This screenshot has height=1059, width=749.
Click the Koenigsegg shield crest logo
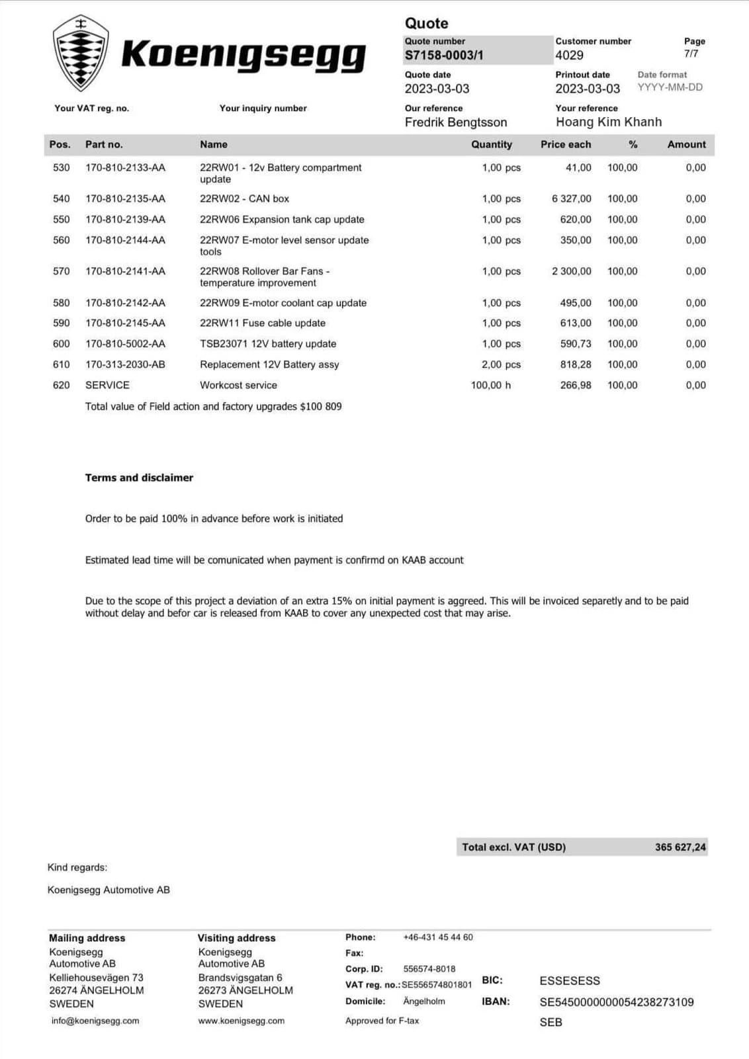(x=80, y=53)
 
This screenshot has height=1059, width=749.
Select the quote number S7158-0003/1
(x=444, y=56)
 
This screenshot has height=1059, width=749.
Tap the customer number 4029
(x=569, y=56)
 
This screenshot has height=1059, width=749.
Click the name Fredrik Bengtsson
(x=456, y=122)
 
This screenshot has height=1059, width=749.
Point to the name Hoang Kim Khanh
(x=609, y=122)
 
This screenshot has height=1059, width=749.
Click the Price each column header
(x=566, y=144)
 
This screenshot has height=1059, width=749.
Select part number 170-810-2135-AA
(x=125, y=198)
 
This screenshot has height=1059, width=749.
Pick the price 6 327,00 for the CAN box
(x=572, y=198)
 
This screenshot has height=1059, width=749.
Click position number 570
(x=61, y=271)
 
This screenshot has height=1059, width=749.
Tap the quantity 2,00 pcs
(x=501, y=364)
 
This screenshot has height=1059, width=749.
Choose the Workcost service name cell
(x=238, y=385)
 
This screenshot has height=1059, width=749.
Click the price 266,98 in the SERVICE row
(x=576, y=385)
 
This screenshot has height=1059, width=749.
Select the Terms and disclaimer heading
(x=139, y=478)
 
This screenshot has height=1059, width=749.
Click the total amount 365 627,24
(x=680, y=847)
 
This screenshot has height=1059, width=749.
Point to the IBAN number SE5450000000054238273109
(x=617, y=1002)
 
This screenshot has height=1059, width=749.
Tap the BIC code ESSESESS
(x=570, y=981)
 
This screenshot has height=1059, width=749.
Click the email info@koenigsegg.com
(x=95, y=1021)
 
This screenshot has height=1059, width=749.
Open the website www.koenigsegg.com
(x=242, y=1021)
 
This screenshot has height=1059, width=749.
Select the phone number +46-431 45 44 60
(x=438, y=937)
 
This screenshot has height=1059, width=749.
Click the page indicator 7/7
(x=691, y=54)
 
